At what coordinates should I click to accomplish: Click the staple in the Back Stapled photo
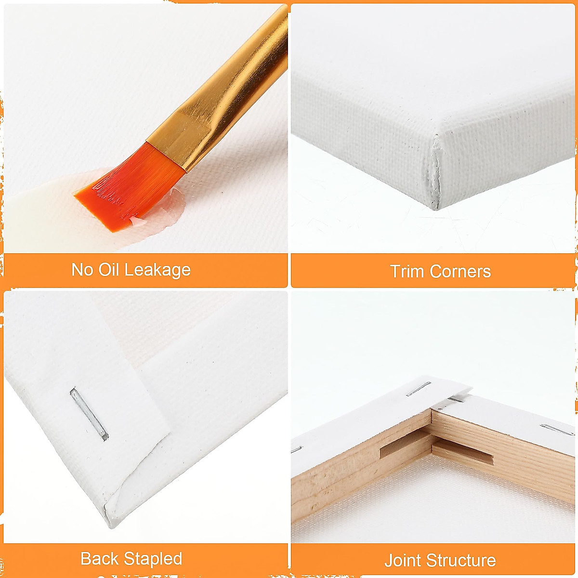89,414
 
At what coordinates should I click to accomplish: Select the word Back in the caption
99,559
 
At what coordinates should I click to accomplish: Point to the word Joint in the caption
403,561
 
